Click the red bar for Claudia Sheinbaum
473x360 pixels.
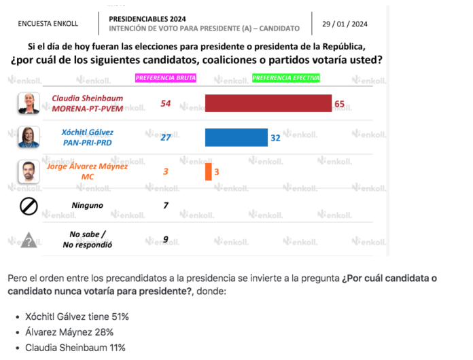268,103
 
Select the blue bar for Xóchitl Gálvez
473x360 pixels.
236,137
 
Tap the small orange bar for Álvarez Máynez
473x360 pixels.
208,172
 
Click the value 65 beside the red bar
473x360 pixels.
339,104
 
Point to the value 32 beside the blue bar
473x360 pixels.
275,138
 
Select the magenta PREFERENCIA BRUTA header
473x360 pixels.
166,78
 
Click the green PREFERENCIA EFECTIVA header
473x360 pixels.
285,78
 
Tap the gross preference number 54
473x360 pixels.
166,103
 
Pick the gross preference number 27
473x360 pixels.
166,137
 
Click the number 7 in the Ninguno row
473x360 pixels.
166,205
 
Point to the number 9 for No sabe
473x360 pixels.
166,239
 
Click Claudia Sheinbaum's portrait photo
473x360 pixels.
29,103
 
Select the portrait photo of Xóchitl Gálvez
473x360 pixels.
29,137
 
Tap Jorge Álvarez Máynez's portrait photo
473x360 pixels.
29,171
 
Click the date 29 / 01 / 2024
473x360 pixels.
345,24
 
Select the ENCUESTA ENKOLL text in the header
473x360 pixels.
48,24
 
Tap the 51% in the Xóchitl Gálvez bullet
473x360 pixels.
120,317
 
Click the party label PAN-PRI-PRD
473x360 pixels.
88,143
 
